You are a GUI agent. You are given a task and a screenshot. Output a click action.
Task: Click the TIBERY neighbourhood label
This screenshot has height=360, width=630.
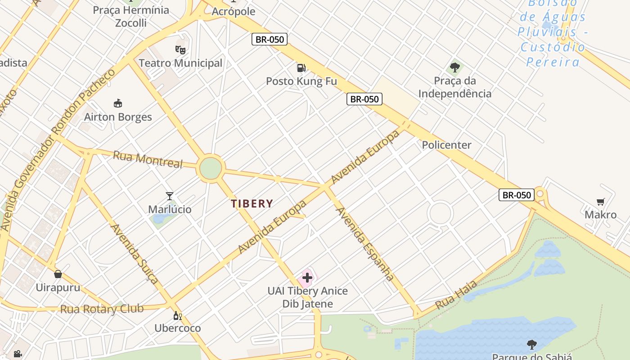tap(252, 203)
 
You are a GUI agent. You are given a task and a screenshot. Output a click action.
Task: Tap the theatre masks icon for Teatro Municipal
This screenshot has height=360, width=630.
tap(180, 49)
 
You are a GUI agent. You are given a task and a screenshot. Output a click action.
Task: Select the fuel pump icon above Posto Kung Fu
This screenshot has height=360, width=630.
tap(301, 68)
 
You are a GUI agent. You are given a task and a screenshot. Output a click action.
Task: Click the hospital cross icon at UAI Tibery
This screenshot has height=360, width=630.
tap(307, 278)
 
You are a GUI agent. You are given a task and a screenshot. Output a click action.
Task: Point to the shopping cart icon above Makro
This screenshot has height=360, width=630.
tap(600, 202)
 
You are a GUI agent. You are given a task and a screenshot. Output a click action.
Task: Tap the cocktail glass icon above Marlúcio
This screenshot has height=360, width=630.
tap(170, 196)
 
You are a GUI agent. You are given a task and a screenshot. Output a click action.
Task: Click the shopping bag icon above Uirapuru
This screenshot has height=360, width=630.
tap(58, 274)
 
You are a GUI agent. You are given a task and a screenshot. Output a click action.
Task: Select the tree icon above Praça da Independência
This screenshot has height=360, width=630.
tap(455, 67)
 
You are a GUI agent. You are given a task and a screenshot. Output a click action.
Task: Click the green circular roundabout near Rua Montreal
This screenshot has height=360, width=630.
tap(211, 168)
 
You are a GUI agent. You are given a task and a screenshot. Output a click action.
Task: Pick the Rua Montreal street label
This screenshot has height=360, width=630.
tap(148, 159)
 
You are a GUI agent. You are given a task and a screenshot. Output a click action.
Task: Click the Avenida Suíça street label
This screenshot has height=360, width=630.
tap(135, 254)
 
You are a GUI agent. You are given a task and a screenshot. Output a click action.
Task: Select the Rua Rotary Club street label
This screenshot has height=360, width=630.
tap(102, 309)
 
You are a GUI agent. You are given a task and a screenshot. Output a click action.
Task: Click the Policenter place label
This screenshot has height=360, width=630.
tap(446, 145)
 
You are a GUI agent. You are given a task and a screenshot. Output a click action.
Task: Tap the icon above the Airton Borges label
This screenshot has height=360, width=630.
tap(118, 103)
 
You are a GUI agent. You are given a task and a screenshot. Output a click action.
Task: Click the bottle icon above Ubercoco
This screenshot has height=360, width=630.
tap(177, 315)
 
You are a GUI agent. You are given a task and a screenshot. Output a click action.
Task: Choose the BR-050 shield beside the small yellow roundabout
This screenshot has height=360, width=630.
tap(516, 195)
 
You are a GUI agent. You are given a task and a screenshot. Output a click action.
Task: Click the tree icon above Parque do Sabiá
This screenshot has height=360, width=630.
tap(532, 345)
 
